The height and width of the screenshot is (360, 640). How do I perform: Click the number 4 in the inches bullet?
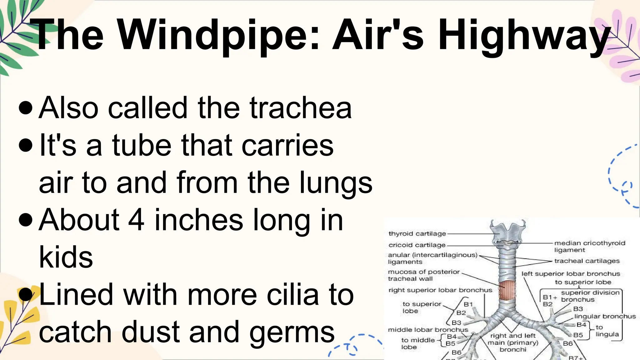(x=137, y=220)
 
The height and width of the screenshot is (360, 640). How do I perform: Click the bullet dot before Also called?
(x=26, y=108)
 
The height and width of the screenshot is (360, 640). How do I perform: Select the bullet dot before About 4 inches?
(x=26, y=220)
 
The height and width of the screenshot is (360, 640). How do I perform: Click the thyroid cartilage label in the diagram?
(x=417, y=233)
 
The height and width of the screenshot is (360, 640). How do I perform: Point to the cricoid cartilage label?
(x=417, y=245)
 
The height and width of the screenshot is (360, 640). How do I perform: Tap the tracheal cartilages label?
(x=587, y=261)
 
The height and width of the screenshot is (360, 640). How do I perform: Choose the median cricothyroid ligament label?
(x=589, y=246)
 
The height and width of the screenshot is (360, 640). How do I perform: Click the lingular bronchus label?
(x=605, y=316)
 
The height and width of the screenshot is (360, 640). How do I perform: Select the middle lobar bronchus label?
(x=428, y=330)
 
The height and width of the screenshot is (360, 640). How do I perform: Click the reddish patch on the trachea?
(x=506, y=290)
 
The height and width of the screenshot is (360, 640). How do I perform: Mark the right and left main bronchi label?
(x=513, y=342)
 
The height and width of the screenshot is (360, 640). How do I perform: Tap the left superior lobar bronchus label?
(x=571, y=274)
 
